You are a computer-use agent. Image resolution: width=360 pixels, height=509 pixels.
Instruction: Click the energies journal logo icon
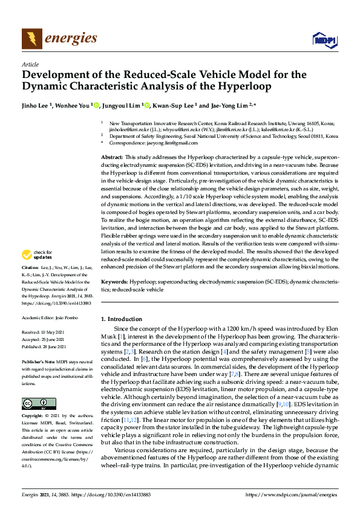coord(30,39)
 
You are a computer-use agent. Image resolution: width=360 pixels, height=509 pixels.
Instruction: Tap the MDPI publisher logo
coord(324,40)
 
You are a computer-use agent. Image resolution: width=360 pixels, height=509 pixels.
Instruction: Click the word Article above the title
coord(30,64)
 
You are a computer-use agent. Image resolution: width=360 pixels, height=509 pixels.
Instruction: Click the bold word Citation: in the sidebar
coord(30,267)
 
